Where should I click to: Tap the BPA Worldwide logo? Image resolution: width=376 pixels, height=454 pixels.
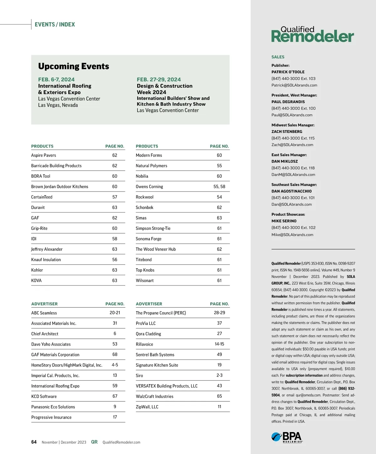(287, 437)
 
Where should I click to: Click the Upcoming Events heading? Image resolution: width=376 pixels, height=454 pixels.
(74, 66)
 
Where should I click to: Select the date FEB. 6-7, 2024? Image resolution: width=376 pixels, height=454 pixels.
(56, 80)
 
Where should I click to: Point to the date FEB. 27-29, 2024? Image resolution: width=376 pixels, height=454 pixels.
(159, 80)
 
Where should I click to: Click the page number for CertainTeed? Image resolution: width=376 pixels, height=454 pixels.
(115, 197)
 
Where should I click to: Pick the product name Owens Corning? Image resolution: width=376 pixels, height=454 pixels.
(149, 187)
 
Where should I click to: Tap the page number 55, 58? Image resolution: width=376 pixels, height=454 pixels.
(219, 187)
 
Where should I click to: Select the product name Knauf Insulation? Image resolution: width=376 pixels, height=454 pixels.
(46, 260)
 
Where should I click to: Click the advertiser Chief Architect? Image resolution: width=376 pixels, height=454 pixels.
(45, 334)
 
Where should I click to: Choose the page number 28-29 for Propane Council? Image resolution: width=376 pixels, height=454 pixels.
(219, 313)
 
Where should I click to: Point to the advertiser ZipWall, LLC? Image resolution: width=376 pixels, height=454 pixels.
(147, 407)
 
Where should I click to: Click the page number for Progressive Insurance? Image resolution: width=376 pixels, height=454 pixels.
(115, 417)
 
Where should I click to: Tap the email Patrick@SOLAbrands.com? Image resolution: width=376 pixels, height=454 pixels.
(294, 85)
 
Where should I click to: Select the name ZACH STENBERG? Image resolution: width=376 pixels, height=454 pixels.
(287, 132)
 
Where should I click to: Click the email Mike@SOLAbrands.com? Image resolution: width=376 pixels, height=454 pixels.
(292, 235)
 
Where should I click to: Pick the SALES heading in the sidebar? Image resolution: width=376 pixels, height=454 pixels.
(278, 57)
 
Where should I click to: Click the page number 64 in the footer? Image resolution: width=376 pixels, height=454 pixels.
(34, 442)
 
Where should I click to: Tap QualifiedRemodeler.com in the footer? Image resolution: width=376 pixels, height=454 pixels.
(122, 442)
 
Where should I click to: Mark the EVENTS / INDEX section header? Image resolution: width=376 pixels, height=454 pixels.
(55, 24)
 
